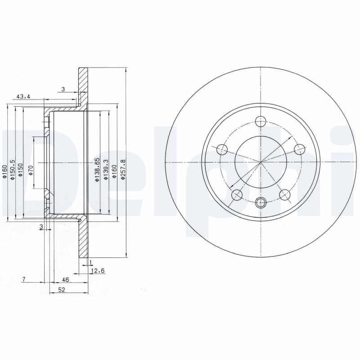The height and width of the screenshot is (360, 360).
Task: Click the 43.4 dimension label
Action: (x=23, y=97)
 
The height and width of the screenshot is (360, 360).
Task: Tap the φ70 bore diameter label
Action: (x=31, y=171)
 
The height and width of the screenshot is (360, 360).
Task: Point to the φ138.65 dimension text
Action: (x=97, y=170)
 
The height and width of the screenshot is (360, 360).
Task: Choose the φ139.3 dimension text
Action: (x=106, y=170)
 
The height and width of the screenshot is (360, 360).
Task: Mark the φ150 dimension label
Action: (x=21, y=170)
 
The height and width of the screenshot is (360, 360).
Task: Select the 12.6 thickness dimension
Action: (x=98, y=271)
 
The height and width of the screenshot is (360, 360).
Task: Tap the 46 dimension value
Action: (x=66, y=279)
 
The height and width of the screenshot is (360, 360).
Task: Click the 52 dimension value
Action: (x=62, y=290)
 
